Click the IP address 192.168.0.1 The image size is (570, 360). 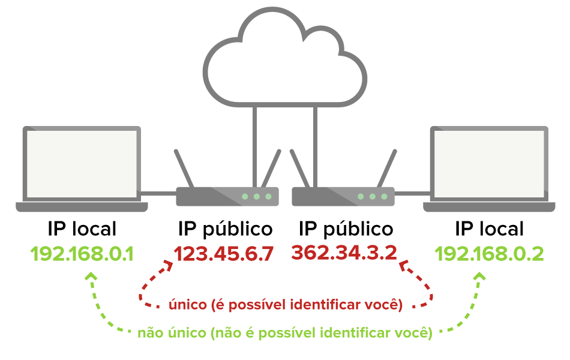tap(82, 254)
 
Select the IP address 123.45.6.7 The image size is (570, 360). tap(224, 254)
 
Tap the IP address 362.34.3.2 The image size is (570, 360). tap(344, 253)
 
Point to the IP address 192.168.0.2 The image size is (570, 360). tap(489, 254)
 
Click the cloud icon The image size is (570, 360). tap(284, 58)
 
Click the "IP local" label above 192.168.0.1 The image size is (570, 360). tap(82, 229)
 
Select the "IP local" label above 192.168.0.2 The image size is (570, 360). tap(489, 229)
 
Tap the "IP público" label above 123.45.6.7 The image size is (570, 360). tap(226, 229)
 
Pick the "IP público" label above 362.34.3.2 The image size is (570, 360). tap(346, 229)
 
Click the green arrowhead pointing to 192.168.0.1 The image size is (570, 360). tap(91, 276)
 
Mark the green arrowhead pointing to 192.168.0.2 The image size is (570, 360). tap(480, 277)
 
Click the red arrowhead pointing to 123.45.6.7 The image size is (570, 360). tap(169, 265)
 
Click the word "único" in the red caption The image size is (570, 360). tap(188, 304)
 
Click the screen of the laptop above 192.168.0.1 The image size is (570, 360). tap(82, 164)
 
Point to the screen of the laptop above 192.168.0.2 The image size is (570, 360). tap(489, 164)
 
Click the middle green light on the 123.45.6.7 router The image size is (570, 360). tap(257, 197)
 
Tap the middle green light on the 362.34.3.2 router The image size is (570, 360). tap(372, 197)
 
